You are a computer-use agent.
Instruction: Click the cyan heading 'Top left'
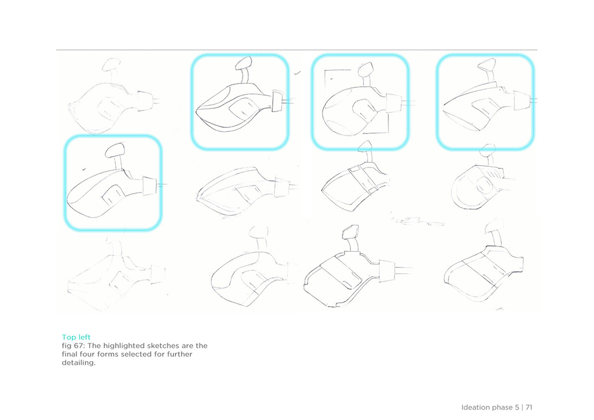pyautogui.click(x=76, y=337)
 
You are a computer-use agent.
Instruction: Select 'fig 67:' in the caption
pyautogui.click(x=74, y=346)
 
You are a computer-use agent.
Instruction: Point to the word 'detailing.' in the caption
pyautogui.click(x=79, y=363)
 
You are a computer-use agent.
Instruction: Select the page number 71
pyautogui.click(x=529, y=408)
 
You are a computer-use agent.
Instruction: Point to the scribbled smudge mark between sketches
pyautogui.click(x=417, y=221)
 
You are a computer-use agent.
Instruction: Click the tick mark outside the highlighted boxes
pyautogui.click(x=298, y=72)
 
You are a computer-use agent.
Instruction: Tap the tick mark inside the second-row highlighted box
pyautogui.click(x=84, y=169)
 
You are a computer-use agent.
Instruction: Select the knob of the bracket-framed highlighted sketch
pyautogui.click(x=365, y=70)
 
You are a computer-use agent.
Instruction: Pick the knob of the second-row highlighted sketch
pyautogui.click(x=115, y=150)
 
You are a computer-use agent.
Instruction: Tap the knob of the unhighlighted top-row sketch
pyautogui.click(x=112, y=64)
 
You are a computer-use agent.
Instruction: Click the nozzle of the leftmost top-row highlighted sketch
pyautogui.click(x=277, y=101)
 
